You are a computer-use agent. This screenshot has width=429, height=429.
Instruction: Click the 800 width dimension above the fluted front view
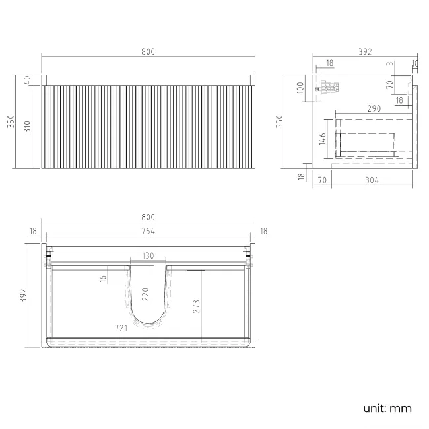click(148, 52)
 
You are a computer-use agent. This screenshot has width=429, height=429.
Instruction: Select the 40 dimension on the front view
click(27, 80)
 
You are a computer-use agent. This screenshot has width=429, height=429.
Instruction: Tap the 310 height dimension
click(27, 126)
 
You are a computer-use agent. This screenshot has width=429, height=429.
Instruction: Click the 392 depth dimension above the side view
click(365, 52)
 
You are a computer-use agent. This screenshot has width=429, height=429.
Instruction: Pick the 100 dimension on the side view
click(300, 88)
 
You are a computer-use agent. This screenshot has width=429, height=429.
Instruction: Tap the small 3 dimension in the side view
click(390, 64)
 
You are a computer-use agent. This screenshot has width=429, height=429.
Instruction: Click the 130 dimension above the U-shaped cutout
click(148, 255)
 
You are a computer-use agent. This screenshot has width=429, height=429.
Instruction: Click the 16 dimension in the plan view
click(103, 279)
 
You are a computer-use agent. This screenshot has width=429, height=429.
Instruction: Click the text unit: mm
click(387, 408)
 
